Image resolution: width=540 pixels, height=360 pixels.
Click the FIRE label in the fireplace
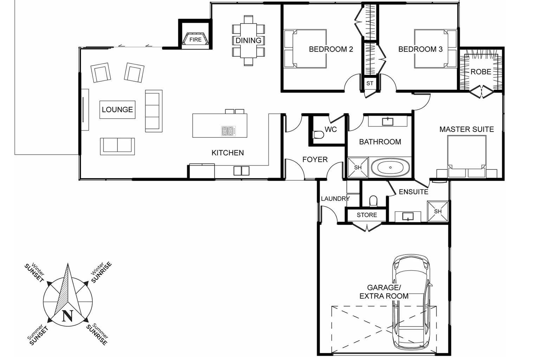coord(195,40)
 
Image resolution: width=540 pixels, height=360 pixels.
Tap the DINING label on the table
coord(248,40)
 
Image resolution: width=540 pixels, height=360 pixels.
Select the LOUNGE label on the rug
coord(117,110)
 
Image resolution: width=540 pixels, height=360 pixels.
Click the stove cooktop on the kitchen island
coord(229,131)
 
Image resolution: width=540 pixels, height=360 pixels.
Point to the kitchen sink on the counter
coord(242,171)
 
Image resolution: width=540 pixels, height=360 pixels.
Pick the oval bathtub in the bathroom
coord(391,168)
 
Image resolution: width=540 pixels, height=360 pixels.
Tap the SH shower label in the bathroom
coord(358,168)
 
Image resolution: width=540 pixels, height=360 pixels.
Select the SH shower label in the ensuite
coord(438,211)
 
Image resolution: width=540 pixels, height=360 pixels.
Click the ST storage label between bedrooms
coord(370,83)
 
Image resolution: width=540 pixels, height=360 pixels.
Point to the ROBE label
coord(481,72)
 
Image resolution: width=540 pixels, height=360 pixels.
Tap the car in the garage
coord(411,302)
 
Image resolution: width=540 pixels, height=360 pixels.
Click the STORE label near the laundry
coord(367,215)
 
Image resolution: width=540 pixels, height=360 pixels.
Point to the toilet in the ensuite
coord(373,201)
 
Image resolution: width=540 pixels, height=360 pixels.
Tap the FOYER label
coord(315,160)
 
